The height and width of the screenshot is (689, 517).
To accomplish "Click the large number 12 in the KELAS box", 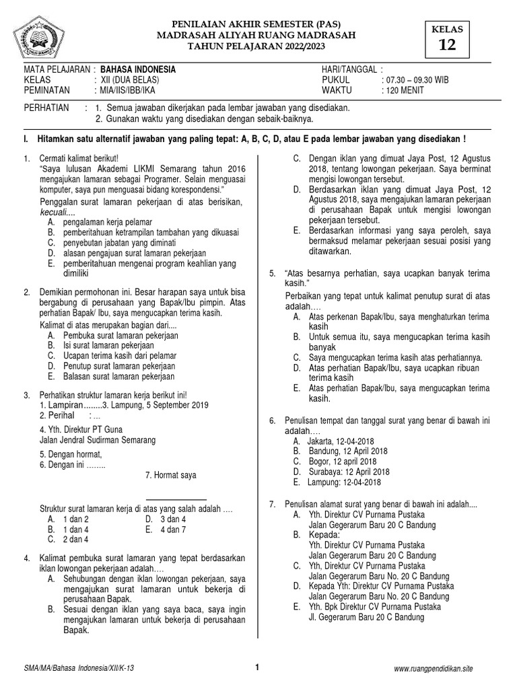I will point(447,45).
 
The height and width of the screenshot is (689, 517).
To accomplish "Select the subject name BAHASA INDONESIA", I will point(138,69).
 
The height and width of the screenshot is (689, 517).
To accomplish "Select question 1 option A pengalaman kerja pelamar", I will point(107,222).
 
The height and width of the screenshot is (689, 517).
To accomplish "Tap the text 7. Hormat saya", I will point(170,475).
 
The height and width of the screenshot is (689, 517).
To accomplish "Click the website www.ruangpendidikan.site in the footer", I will point(433,668).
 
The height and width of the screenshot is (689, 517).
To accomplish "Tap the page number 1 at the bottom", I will point(257,667).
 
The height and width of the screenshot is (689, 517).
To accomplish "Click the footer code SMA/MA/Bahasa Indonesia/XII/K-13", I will point(79,668).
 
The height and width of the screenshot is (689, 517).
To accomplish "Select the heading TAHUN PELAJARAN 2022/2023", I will point(256,46).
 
